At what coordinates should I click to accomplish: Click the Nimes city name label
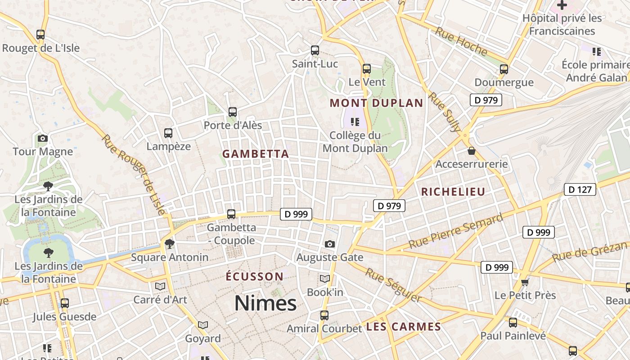tap(265, 303)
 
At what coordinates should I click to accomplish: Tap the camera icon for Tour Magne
tap(43, 138)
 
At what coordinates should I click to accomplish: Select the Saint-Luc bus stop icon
tap(315, 50)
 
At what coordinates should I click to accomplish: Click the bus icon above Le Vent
tap(367, 69)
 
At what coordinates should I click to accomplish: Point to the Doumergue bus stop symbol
tap(504, 69)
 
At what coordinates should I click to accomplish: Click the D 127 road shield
tap(580, 189)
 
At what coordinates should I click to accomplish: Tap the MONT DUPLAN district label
tap(377, 103)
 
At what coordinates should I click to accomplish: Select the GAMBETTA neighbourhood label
tap(256, 154)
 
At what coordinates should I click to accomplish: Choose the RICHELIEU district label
tap(453, 192)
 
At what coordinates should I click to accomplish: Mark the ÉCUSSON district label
tap(255, 276)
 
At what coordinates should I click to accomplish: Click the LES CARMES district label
tap(403, 327)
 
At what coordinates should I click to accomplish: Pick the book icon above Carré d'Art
tap(160, 286)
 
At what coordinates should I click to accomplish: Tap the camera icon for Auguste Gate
tap(330, 244)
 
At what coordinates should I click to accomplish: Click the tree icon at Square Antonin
tap(170, 244)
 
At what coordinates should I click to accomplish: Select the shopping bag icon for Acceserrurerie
tap(472, 150)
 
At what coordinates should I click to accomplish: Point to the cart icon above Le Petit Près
tap(525, 282)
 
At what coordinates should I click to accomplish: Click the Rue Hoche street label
tap(461, 41)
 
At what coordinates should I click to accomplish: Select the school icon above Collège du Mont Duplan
tap(355, 121)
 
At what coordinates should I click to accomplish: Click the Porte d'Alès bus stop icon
tap(233, 112)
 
